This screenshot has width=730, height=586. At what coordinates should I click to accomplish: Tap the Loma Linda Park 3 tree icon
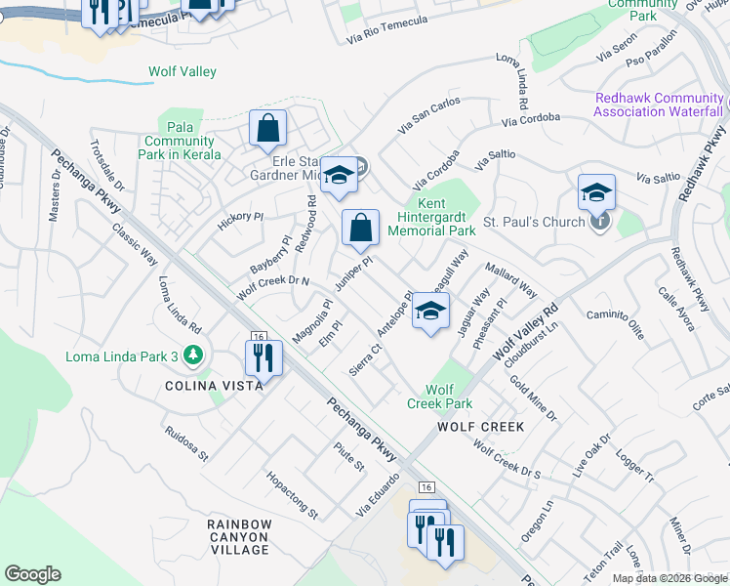[x=195, y=356]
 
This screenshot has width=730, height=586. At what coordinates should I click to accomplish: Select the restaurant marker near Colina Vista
[x=262, y=357]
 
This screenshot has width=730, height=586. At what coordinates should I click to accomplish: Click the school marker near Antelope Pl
[x=429, y=312]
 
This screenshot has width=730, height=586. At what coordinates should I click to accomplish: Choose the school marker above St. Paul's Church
[x=596, y=192]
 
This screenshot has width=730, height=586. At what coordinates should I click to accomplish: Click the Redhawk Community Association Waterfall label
[x=660, y=105]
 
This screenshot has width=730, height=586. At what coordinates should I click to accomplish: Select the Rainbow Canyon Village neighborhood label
[x=238, y=537]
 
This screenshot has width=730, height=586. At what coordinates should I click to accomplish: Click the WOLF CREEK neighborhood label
[x=481, y=427]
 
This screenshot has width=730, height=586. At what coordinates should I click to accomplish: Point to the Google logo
[x=32, y=574]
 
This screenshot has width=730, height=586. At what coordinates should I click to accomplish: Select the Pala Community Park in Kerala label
[x=177, y=142]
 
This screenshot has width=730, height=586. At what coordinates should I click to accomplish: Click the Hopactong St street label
[x=292, y=494]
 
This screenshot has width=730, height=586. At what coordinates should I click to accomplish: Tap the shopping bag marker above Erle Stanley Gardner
[x=267, y=129]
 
